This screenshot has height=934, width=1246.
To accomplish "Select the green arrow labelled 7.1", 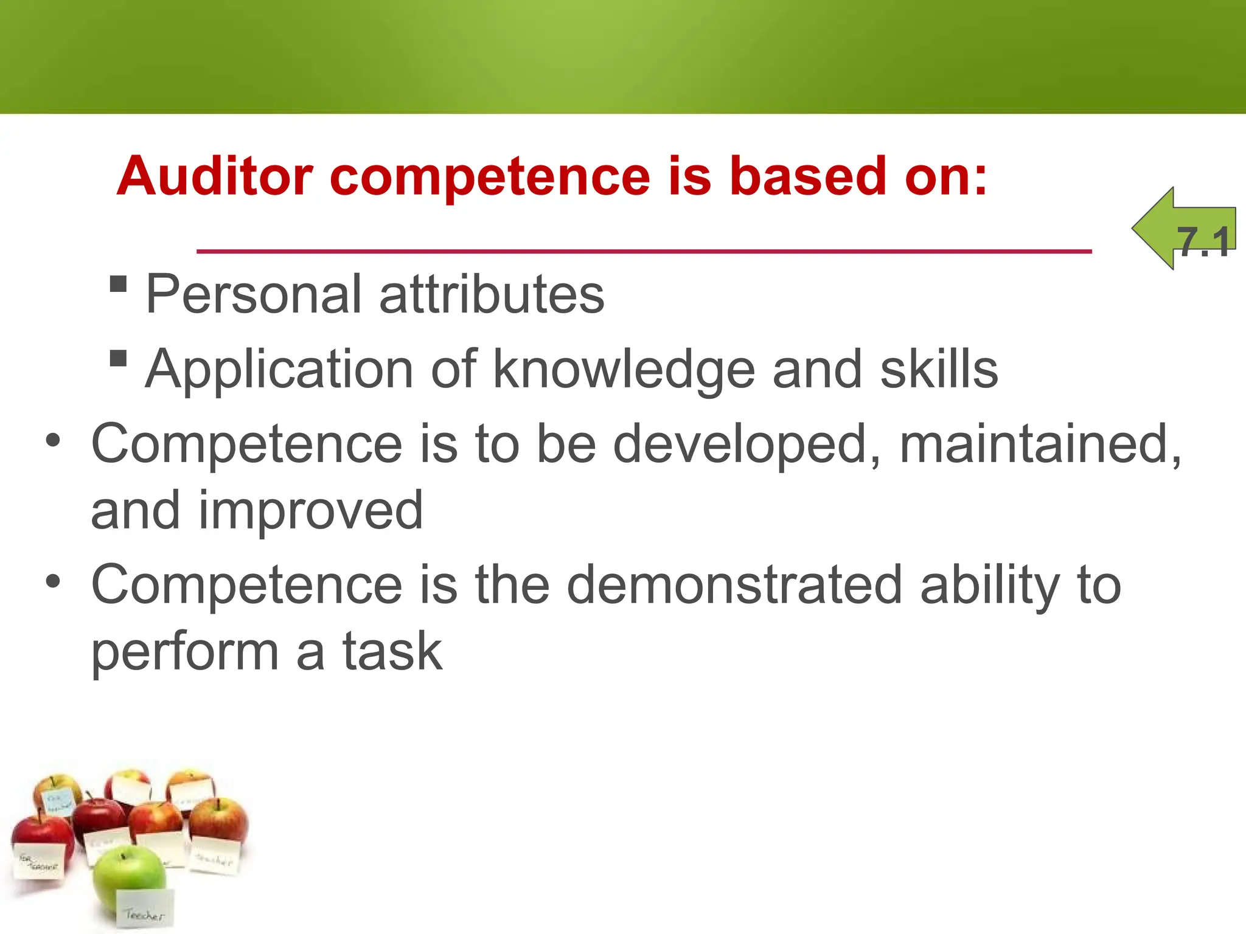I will click(1183, 229).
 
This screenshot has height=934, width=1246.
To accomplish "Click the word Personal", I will click(254, 295).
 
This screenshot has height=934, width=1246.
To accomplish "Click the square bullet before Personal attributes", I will click(118, 284).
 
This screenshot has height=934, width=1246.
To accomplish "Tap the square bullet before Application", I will click(118, 358).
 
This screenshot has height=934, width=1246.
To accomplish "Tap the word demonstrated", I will click(735, 585).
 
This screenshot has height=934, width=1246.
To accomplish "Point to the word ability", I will click(990, 585).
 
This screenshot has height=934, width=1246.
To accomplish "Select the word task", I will click(392, 652).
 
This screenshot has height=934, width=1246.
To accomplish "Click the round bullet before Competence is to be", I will click(53, 440).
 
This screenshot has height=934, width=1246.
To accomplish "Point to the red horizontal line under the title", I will click(644, 251).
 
